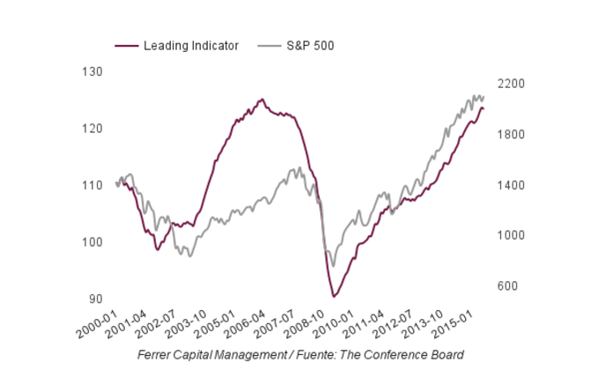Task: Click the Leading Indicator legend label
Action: [x=190, y=46]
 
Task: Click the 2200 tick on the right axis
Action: [x=513, y=84]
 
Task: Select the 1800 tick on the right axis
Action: [x=513, y=135]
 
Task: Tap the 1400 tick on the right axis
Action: [x=513, y=185]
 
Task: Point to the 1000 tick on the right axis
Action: [x=513, y=236]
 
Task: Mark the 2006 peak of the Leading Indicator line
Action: [x=262, y=100]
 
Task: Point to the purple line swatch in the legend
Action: [x=126, y=46]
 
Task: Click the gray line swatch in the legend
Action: [x=269, y=46]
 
